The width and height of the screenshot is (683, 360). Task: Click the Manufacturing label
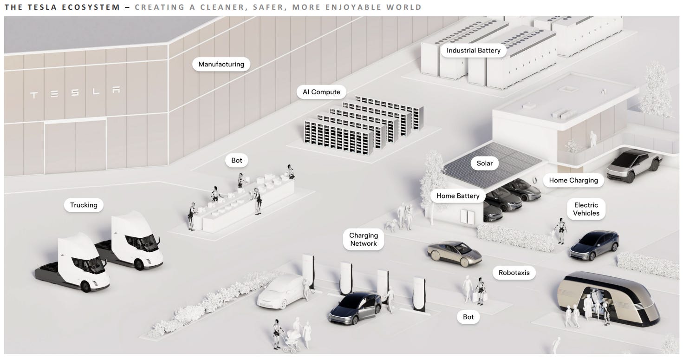pos(221,64)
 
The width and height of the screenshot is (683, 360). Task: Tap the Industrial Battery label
pos(473,50)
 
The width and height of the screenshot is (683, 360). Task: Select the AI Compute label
pos(321,92)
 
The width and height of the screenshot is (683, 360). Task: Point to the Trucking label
pos(84,205)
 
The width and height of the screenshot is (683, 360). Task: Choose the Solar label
pos(484,163)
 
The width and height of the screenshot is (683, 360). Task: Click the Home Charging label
pos(573,180)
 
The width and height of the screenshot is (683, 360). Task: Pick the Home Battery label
pos(457,196)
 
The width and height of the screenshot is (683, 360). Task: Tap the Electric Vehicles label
pos(586,209)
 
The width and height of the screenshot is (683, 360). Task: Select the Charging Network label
pos(363,239)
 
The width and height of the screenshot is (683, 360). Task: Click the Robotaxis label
pos(514,273)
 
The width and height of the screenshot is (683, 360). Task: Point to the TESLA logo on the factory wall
pos(75,93)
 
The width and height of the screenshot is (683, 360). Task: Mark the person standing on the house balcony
pos(592,138)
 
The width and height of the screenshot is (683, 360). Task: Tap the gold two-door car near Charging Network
pos(454,251)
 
